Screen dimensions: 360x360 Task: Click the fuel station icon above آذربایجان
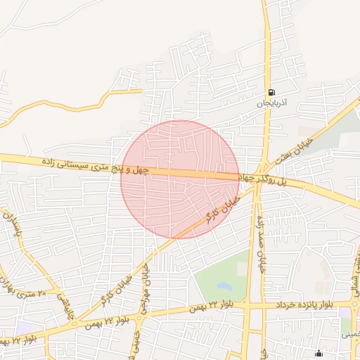tap(271, 92)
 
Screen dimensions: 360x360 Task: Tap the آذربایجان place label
tap(272, 103)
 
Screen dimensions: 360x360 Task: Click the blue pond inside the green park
tap(224, 287)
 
